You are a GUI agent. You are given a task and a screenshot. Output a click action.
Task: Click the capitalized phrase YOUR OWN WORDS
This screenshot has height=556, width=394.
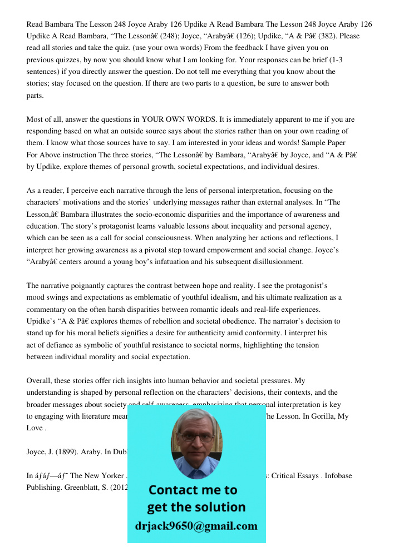[177, 120]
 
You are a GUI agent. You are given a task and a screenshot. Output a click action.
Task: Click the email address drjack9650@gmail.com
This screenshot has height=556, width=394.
[196, 525]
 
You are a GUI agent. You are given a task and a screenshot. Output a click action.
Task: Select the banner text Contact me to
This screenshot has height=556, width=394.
[193, 490]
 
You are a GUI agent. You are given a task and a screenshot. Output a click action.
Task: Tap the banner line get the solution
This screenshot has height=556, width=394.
[196, 507]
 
